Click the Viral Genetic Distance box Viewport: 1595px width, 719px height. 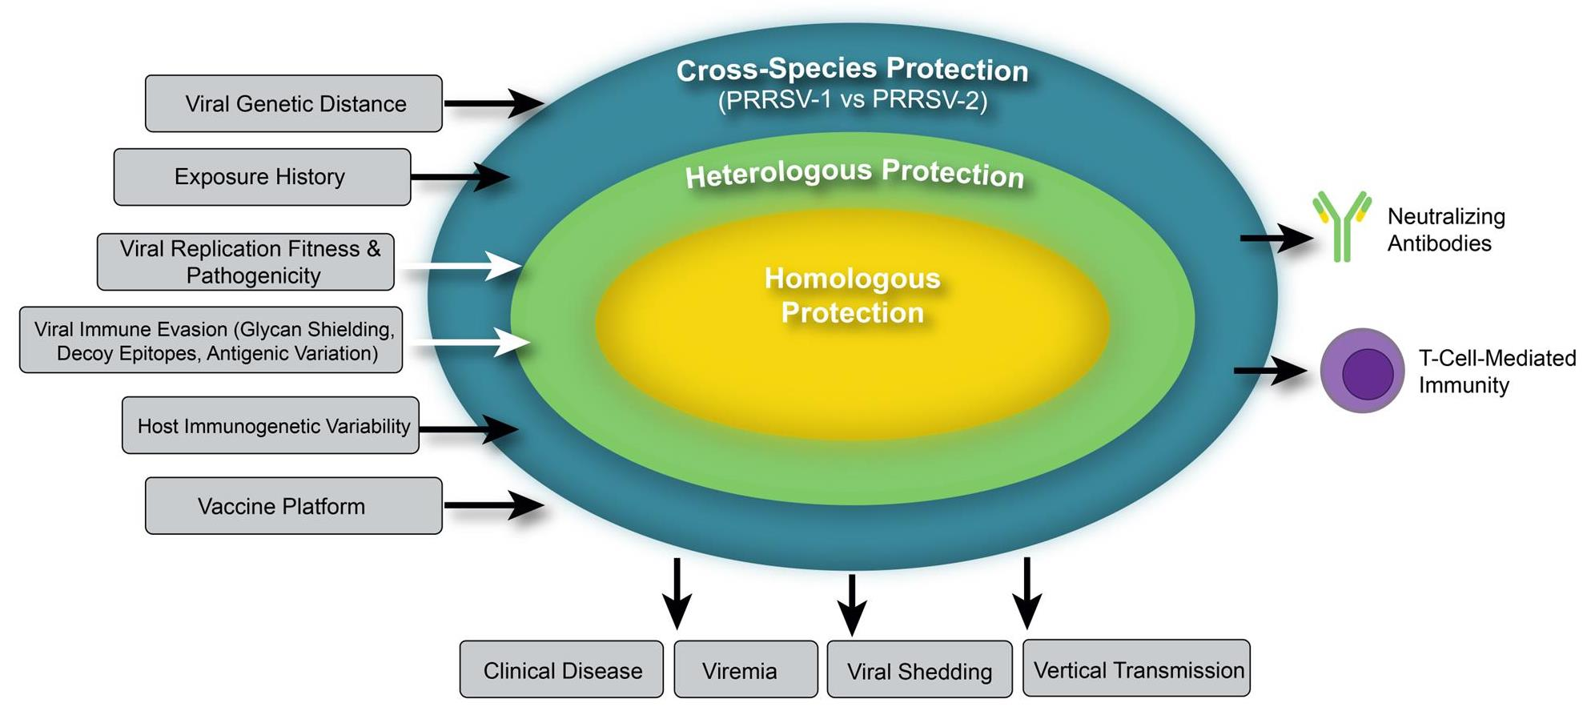[x=293, y=103]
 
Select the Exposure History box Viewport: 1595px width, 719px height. [x=262, y=176]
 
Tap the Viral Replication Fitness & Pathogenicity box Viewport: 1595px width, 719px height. [x=245, y=262]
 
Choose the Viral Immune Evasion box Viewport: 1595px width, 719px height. [x=211, y=340]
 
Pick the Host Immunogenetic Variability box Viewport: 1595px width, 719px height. [x=270, y=425]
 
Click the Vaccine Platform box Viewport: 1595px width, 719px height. [x=293, y=506]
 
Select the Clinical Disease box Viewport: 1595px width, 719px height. [x=561, y=669]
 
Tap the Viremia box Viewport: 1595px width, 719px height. [x=745, y=669]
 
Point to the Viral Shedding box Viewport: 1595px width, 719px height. [x=919, y=670]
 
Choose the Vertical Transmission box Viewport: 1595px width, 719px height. [x=1136, y=669]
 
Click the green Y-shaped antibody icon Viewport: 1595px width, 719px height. [x=1341, y=226]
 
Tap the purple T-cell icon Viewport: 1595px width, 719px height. [x=1362, y=371]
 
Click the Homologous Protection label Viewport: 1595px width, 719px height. [x=852, y=295]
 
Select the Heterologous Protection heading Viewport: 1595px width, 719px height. [x=854, y=173]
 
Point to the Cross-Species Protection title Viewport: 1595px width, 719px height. [x=852, y=70]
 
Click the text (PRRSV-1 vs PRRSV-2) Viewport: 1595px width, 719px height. [x=852, y=101]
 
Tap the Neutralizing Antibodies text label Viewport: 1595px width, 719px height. [x=1445, y=230]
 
